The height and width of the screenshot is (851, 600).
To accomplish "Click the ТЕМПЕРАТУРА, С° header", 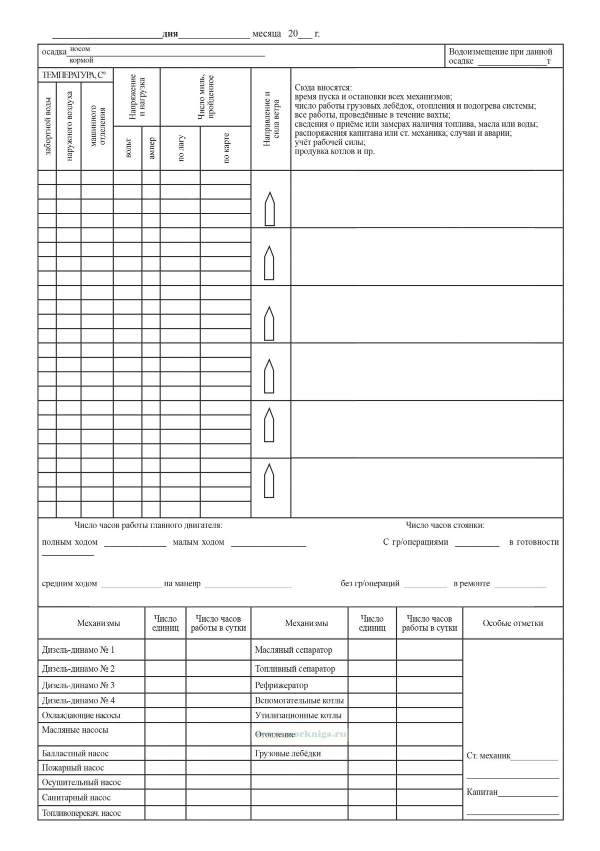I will point(74,76).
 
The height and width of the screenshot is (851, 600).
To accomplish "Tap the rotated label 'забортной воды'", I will point(48,126).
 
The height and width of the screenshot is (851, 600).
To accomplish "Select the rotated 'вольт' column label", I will point(128,148).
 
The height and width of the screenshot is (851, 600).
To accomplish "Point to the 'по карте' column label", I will point(226,148).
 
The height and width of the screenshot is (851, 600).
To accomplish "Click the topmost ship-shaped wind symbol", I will point(269,209).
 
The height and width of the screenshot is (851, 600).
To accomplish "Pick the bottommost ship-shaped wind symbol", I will point(269,481).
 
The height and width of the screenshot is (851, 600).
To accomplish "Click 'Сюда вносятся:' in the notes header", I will point(323,88).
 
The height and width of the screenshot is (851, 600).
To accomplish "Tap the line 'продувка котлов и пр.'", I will point(334,151).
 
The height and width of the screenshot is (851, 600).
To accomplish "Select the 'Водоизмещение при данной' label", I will point(500,52).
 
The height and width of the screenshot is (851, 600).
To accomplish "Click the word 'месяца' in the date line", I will point(266,34).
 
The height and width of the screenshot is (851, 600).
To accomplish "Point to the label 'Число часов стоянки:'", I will point(445,525).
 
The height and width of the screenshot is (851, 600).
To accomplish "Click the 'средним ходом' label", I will point(69,583).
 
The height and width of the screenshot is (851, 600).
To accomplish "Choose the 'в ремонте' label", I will point(471,583).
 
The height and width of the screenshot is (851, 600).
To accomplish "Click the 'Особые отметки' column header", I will point(512,623).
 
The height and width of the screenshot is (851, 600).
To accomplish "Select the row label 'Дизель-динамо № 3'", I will point(78,685).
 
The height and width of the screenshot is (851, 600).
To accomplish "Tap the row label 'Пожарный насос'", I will point(73,768).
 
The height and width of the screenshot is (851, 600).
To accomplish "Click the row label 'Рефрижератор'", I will point(281,685).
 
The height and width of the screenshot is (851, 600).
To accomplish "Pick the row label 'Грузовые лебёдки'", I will point(288,753).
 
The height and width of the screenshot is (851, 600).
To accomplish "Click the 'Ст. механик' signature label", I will point(488,756).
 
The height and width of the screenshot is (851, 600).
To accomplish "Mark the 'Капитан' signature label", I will point(482,792).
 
